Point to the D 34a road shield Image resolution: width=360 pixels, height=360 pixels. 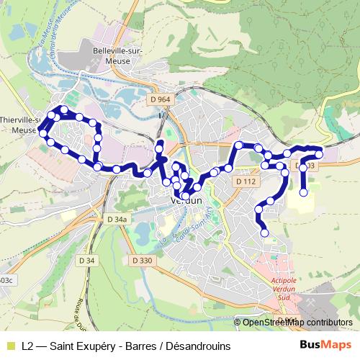(116, 220)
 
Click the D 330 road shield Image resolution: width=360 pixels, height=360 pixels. (143, 260)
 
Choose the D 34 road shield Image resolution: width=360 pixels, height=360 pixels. (86, 259)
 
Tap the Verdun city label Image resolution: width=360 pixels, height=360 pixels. (186, 202)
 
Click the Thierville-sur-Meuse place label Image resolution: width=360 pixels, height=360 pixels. (22, 125)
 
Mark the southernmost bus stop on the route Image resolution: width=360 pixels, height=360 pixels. (264, 233)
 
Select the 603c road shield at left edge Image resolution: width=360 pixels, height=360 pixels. (4, 280)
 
